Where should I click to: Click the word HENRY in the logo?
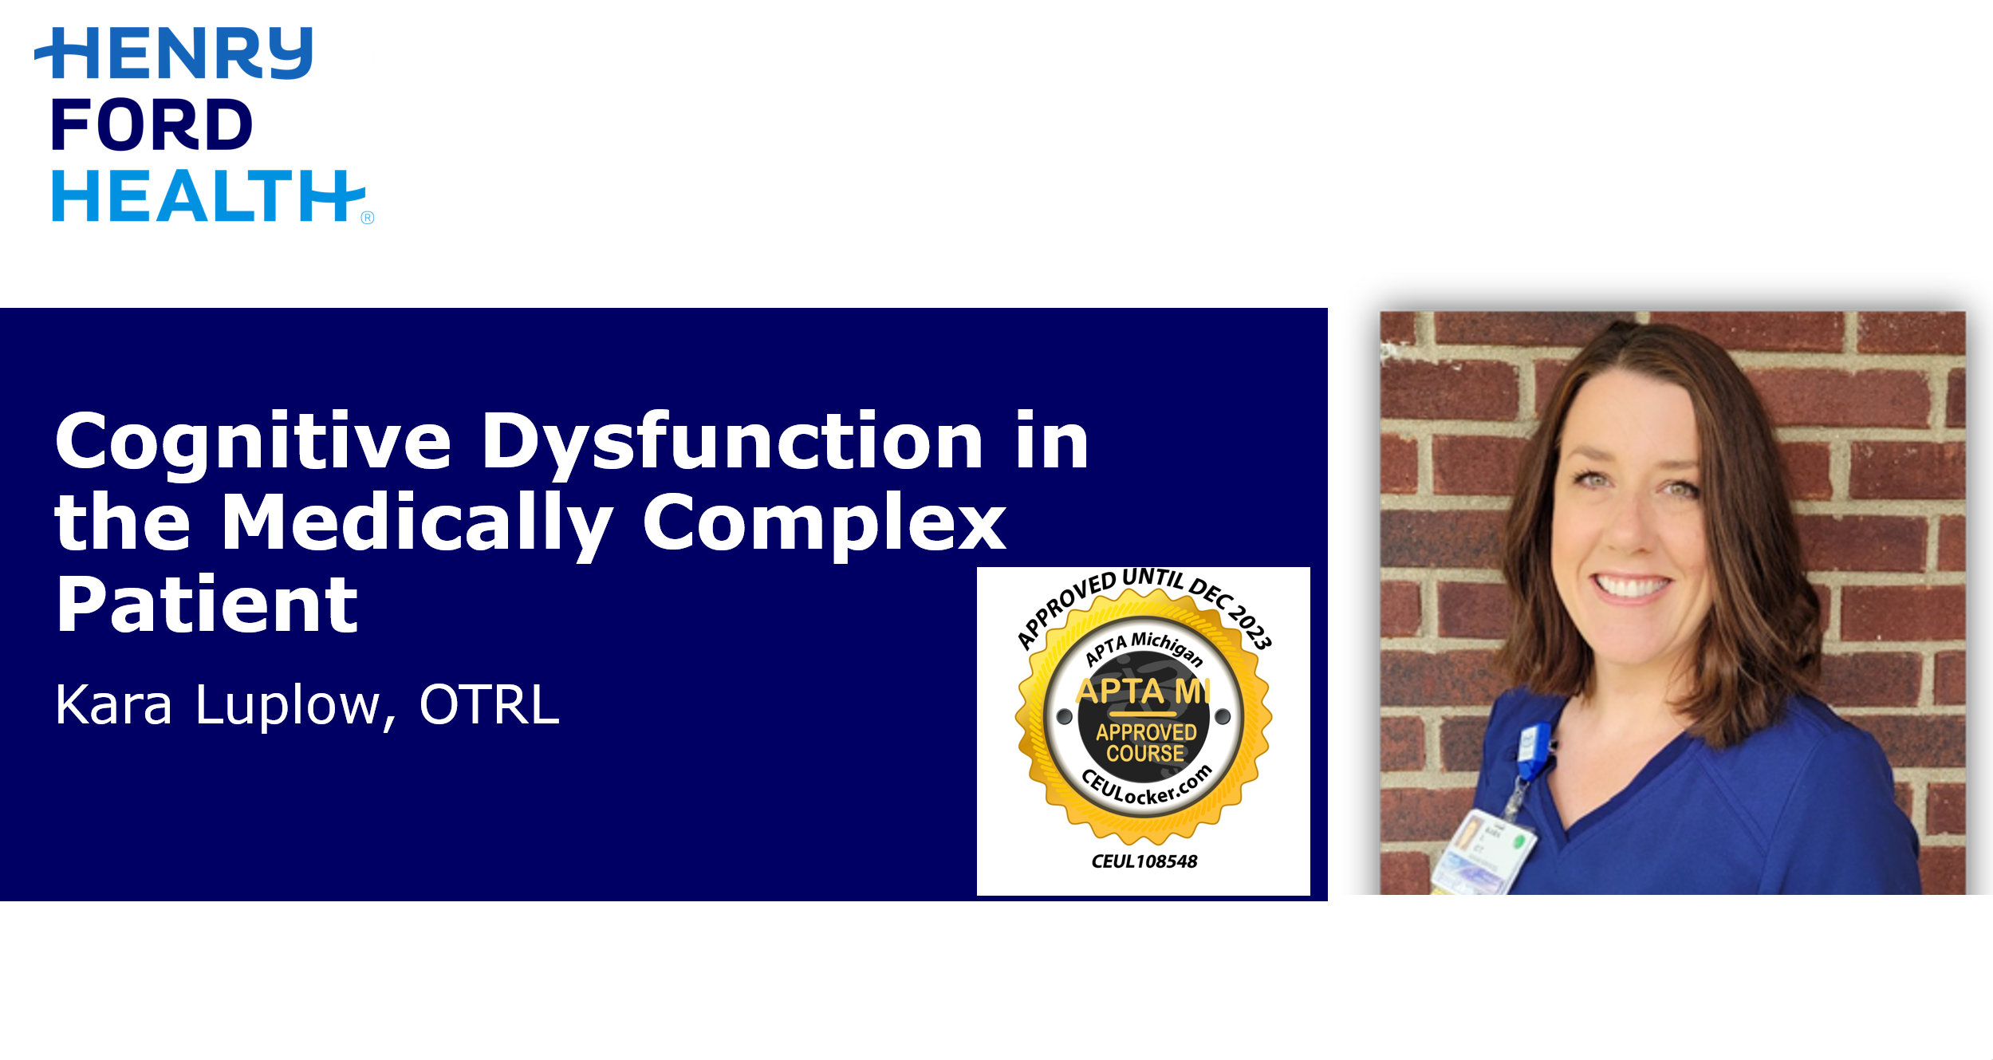(174, 53)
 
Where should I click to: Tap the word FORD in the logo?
(152, 125)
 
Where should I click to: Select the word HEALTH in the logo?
(209, 195)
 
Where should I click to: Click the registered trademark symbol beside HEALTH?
(368, 218)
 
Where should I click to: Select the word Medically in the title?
(417, 524)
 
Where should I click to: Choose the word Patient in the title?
(207, 604)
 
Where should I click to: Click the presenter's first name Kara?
(114, 705)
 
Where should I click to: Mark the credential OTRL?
(489, 704)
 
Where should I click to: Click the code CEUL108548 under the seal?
(1144, 861)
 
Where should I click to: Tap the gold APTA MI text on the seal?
(1144, 691)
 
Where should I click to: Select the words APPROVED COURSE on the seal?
(1146, 743)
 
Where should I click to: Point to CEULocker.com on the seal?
(1147, 786)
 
